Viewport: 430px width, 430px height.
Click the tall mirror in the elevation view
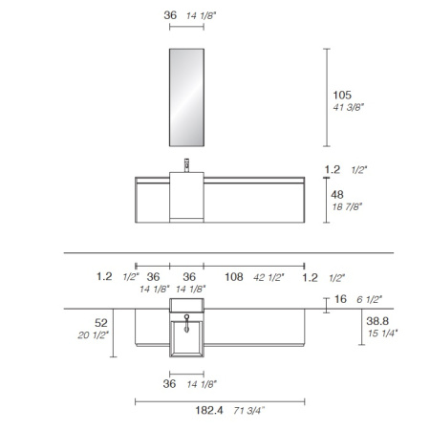pyautogui.click(x=186, y=97)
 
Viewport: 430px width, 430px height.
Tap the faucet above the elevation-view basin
pyautogui.click(x=186, y=165)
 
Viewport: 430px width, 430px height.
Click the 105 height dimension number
pyautogui.click(x=342, y=95)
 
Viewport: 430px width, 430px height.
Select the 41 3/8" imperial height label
pyautogui.click(x=348, y=107)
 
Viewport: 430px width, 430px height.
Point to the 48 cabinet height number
pyautogui.click(x=337, y=195)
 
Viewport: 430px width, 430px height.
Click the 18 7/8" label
pyautogui.click(x=347, y=206)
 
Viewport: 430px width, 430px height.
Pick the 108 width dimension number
pyautogui.click(x=234, y=277)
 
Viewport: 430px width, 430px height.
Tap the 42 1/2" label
pyautogui.click(x=269, y=278)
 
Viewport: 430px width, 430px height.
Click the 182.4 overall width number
pyautogui.click(x=209, y=410)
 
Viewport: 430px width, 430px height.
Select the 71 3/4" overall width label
pyautogui.click(x=248, y=411)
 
